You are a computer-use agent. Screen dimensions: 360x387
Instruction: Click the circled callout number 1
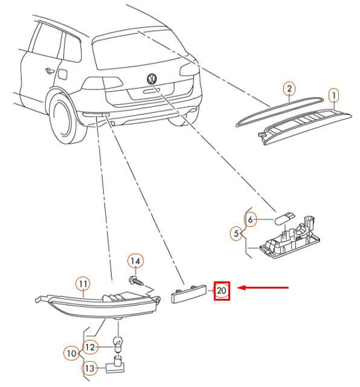(333, 95)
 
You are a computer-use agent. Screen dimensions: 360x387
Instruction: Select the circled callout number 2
(289, 88)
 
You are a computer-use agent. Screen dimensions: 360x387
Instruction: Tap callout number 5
(236, 233)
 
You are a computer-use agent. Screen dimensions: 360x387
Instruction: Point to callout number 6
(250, 219)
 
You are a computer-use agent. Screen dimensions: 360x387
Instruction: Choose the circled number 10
(72, 353)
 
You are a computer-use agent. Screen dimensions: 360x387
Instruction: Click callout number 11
(83, 284)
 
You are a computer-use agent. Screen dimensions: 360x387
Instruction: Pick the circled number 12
(90, 347)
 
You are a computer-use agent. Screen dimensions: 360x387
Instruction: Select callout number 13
(89, 368)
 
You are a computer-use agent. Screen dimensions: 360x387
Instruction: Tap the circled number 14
(135, 261)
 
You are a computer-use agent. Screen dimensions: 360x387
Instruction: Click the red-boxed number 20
(222, 291)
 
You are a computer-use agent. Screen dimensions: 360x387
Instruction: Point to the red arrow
(263, 287)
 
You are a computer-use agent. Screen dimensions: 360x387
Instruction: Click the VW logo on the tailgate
(152, 79)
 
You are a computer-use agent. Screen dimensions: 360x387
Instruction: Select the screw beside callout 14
(136, 281)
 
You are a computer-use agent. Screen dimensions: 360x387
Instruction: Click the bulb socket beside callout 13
(115, 363)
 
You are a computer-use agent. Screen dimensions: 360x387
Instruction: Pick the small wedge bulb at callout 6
(284, 218)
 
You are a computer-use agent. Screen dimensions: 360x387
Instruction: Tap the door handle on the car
(50, 71)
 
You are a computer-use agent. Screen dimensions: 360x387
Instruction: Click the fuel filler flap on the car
(62, 74)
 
